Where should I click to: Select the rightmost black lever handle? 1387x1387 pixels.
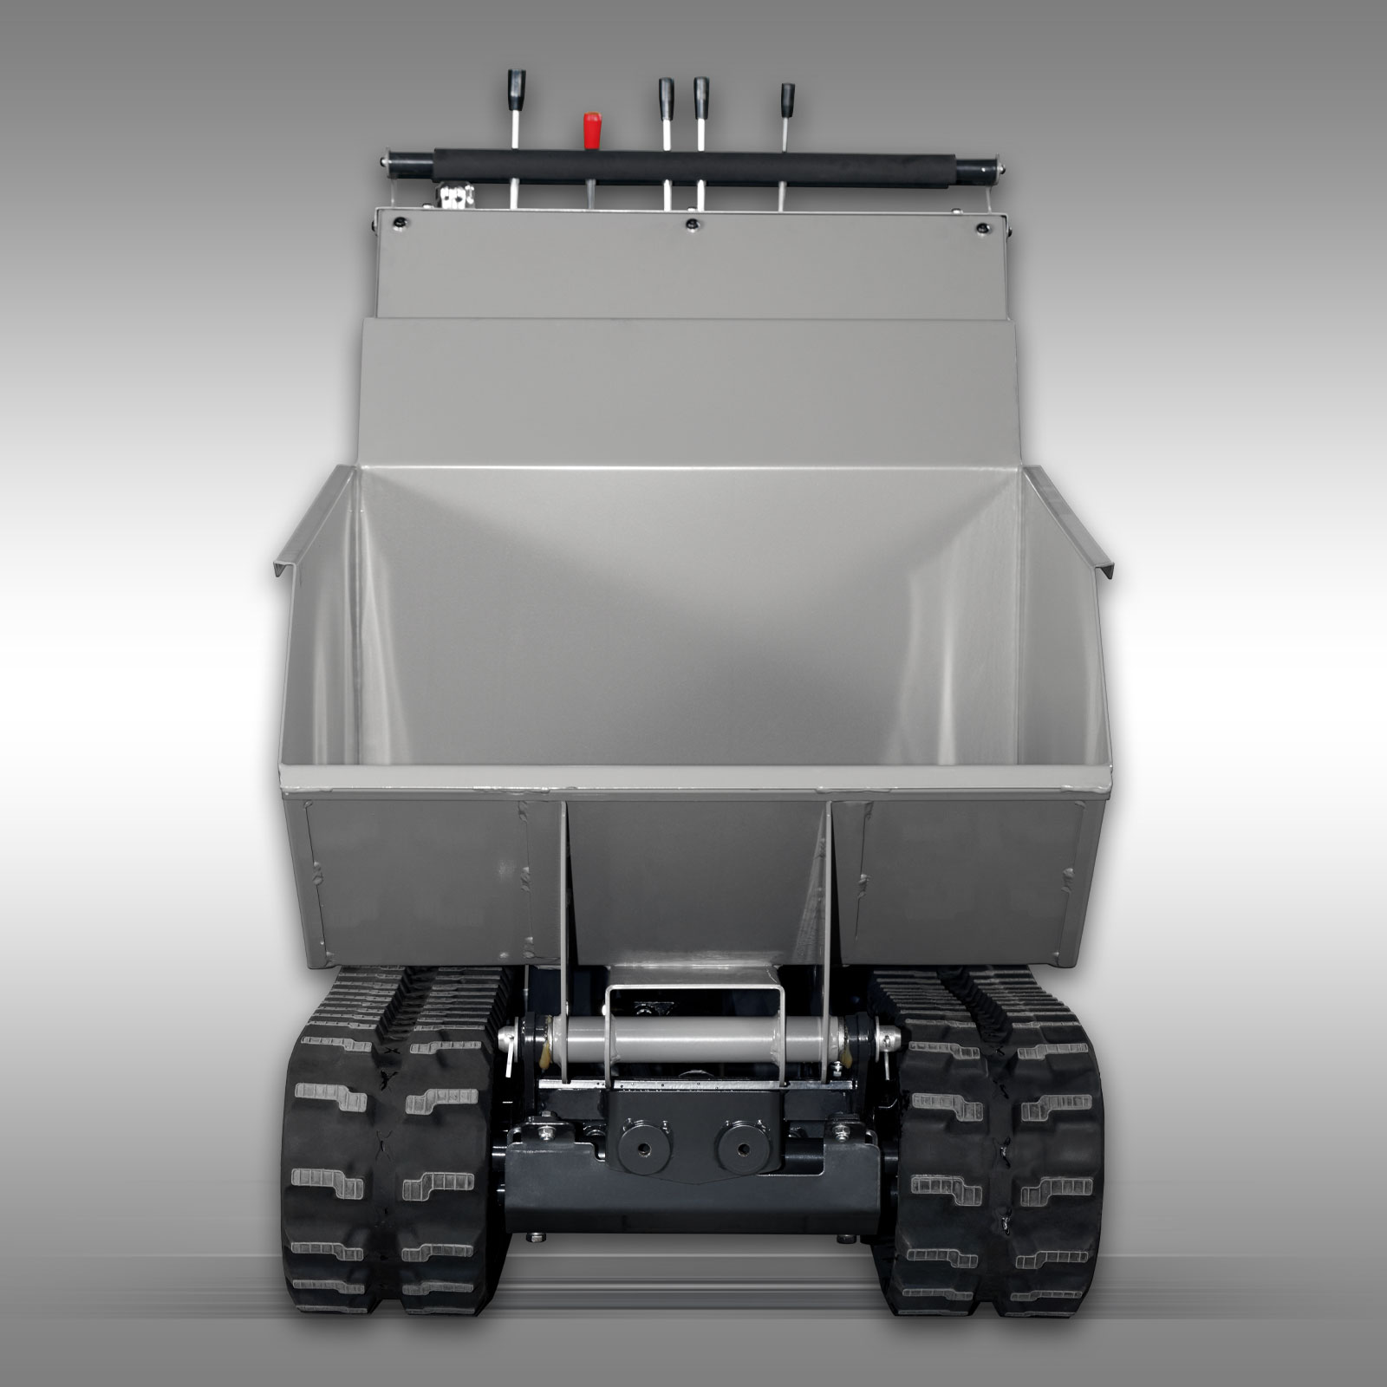(x=787, y=95)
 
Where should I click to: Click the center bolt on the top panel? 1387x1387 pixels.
(x=691, y=225)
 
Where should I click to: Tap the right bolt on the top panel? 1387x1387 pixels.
(x=981, y=228)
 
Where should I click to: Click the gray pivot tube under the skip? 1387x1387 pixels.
(x=693, y=1039)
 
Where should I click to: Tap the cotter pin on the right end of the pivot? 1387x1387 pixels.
(x=889, y=1035)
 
